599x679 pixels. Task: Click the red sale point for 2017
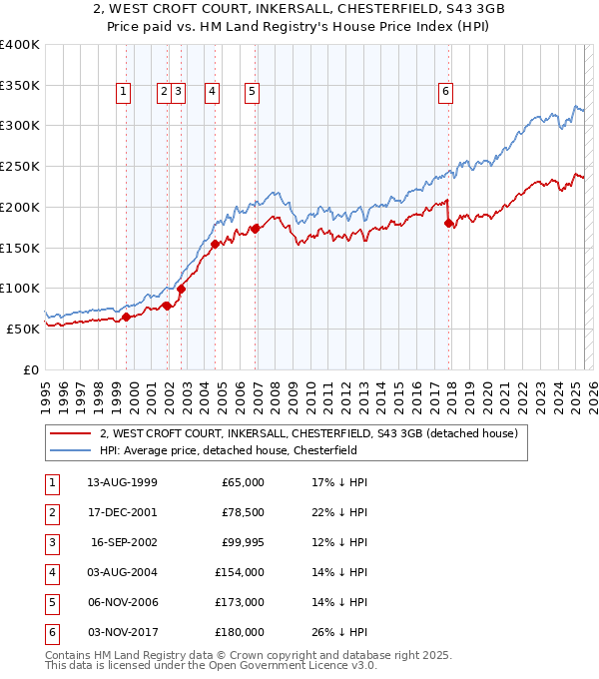448,223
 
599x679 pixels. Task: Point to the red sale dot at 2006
255,228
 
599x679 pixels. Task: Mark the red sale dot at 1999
127,317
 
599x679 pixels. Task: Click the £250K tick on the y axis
20,166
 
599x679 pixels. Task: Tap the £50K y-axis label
24,329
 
